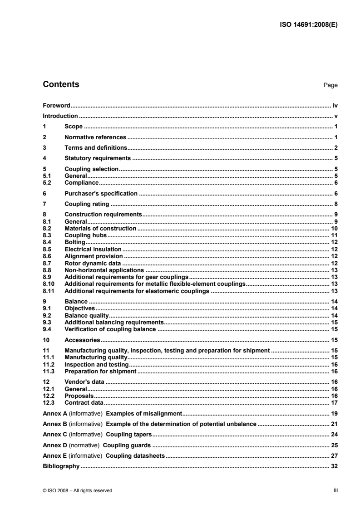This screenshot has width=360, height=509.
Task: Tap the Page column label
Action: coord(330,85)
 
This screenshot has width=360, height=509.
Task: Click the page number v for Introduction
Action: coord(335,116)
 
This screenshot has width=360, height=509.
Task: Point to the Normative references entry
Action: coord(95,137)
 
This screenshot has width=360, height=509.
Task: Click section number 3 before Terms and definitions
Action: coord(44,147)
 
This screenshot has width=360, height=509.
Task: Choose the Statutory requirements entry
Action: coord(98,158)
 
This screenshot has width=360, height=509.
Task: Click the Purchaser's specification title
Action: coord(101,193)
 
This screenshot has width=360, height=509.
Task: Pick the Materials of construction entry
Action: coord(100,229)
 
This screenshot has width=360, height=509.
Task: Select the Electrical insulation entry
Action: coord(93,249)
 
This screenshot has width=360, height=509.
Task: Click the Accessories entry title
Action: coord(82,339)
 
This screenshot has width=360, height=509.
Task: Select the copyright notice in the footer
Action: coord(77,490)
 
